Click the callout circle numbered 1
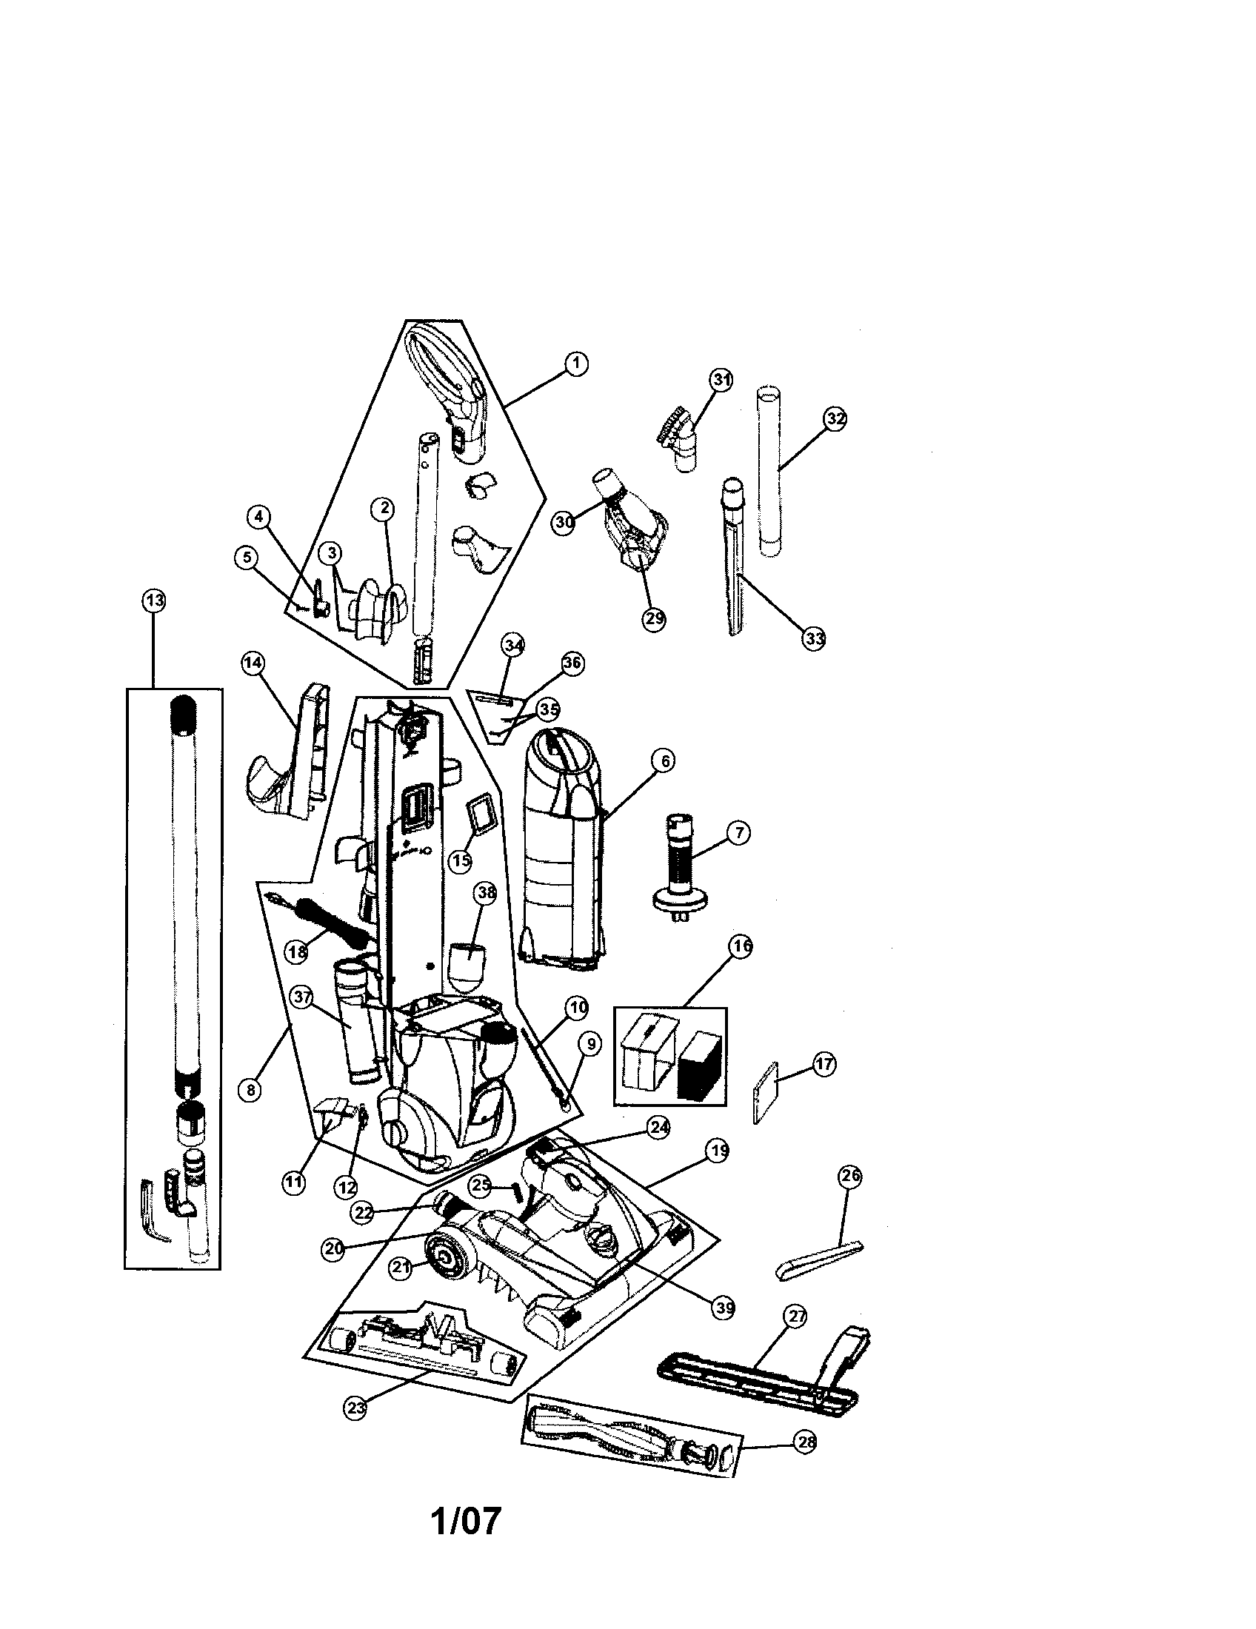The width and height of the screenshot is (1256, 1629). (x=574, y=364)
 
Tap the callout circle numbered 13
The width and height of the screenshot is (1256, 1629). (x=153, y=600)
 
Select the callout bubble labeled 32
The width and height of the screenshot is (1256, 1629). (x=835, y=419)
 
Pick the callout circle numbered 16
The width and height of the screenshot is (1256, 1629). (x=740, y=946)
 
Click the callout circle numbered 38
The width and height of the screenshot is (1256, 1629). (x=485, y=894)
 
